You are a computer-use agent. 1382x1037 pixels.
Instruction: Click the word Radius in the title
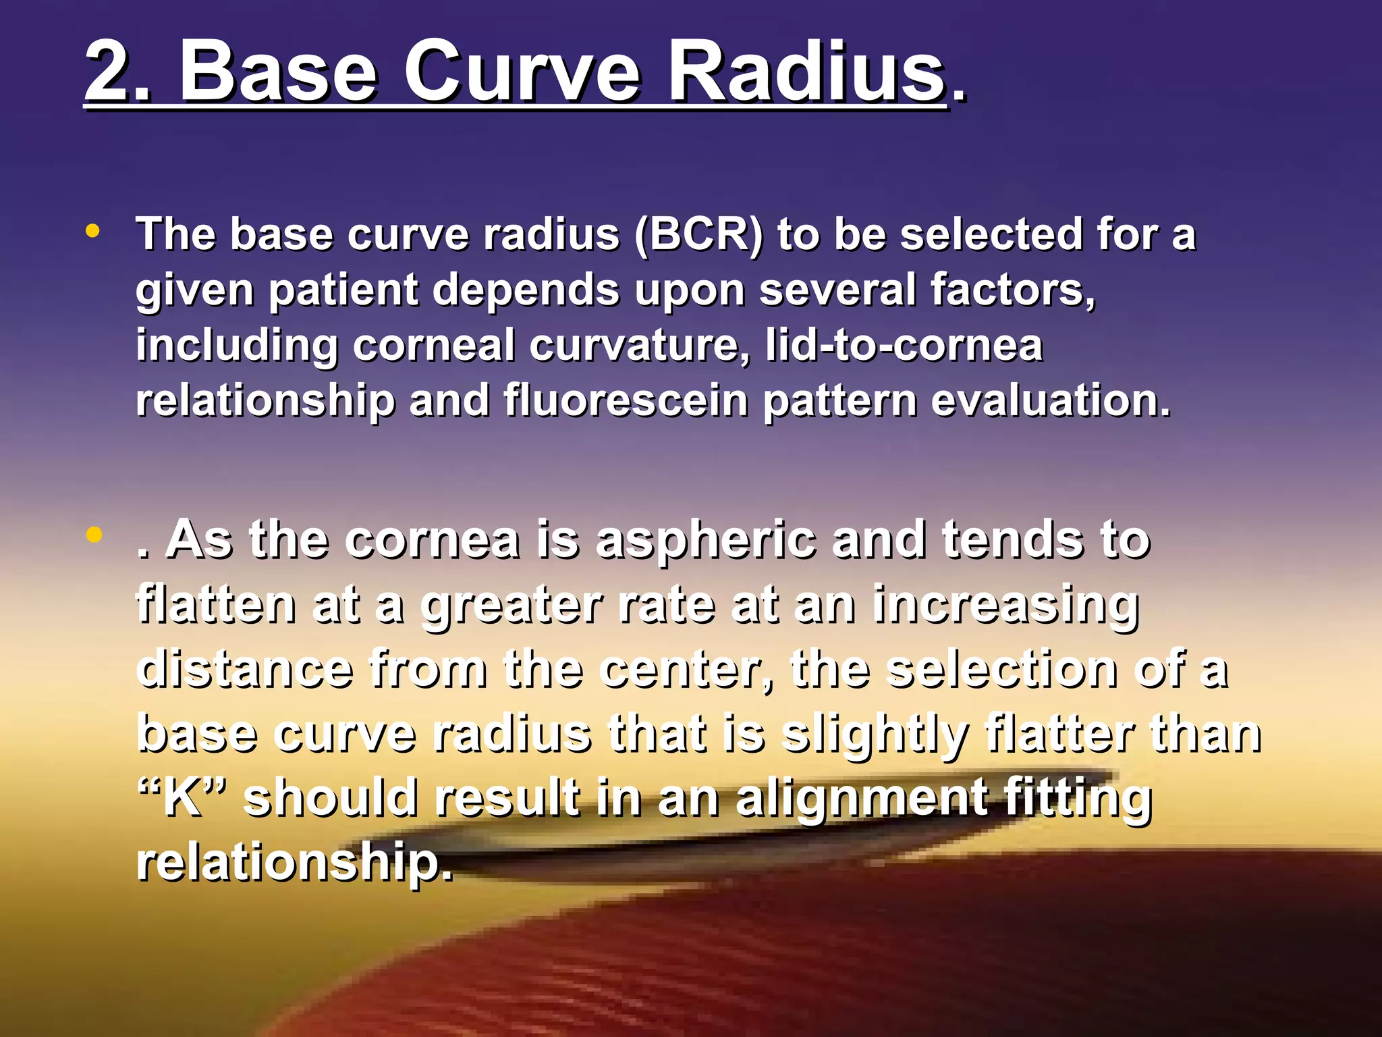click(806, 71)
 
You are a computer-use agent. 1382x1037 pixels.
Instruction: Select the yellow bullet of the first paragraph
click(93, 232)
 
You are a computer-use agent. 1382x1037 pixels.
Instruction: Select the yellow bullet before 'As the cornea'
click(94, 535)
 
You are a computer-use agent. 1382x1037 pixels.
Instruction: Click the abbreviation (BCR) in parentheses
click(699, 236)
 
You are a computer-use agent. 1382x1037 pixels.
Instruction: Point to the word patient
click(344, 291)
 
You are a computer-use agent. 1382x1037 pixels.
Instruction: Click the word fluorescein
click(626, 400)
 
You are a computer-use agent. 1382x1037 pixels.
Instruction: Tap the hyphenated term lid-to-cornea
click(904, 345)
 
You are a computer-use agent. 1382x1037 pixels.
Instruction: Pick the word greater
click(512, 606)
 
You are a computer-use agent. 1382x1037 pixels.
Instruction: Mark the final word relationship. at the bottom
click(294, 862)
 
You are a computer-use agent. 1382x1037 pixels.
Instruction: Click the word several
click(837, 290)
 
